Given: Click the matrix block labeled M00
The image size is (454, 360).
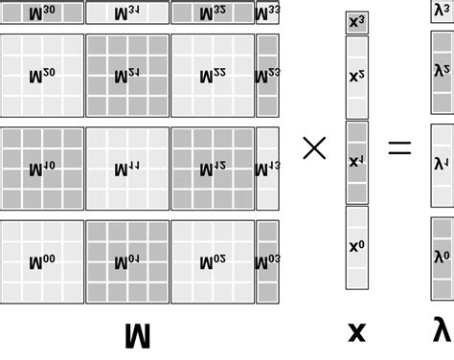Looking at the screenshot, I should (x=42, y=261).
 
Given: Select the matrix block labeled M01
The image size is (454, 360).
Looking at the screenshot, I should (x=127, y=261).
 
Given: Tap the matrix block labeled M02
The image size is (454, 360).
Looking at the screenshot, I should (x=213, y=261).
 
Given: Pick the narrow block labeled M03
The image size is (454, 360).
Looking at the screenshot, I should (x=267, y=261).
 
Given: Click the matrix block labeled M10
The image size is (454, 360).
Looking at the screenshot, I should (x=42, y=169).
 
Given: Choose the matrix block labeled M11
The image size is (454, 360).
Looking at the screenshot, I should (x=127, y=169).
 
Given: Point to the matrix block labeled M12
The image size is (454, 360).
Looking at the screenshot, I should (x=213, y=169).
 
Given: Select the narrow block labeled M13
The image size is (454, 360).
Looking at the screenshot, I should (x=267, y=169).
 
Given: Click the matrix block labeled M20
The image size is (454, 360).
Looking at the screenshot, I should (x=42, y=76).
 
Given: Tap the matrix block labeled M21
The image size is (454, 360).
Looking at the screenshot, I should (x=127, y=76).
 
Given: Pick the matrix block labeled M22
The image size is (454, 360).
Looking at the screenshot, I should (x=213, y=76).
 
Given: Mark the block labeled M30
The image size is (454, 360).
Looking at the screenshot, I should (x=42, y=12).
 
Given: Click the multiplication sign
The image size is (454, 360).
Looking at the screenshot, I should (x=314, y=147).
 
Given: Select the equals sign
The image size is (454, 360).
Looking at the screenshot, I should (x=398, y=147).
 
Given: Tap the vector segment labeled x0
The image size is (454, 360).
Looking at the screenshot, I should (x=356, y=247).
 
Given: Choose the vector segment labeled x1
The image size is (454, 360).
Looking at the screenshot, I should (x=356, y=162).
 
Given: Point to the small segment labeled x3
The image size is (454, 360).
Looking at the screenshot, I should (x=356, y=22).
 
